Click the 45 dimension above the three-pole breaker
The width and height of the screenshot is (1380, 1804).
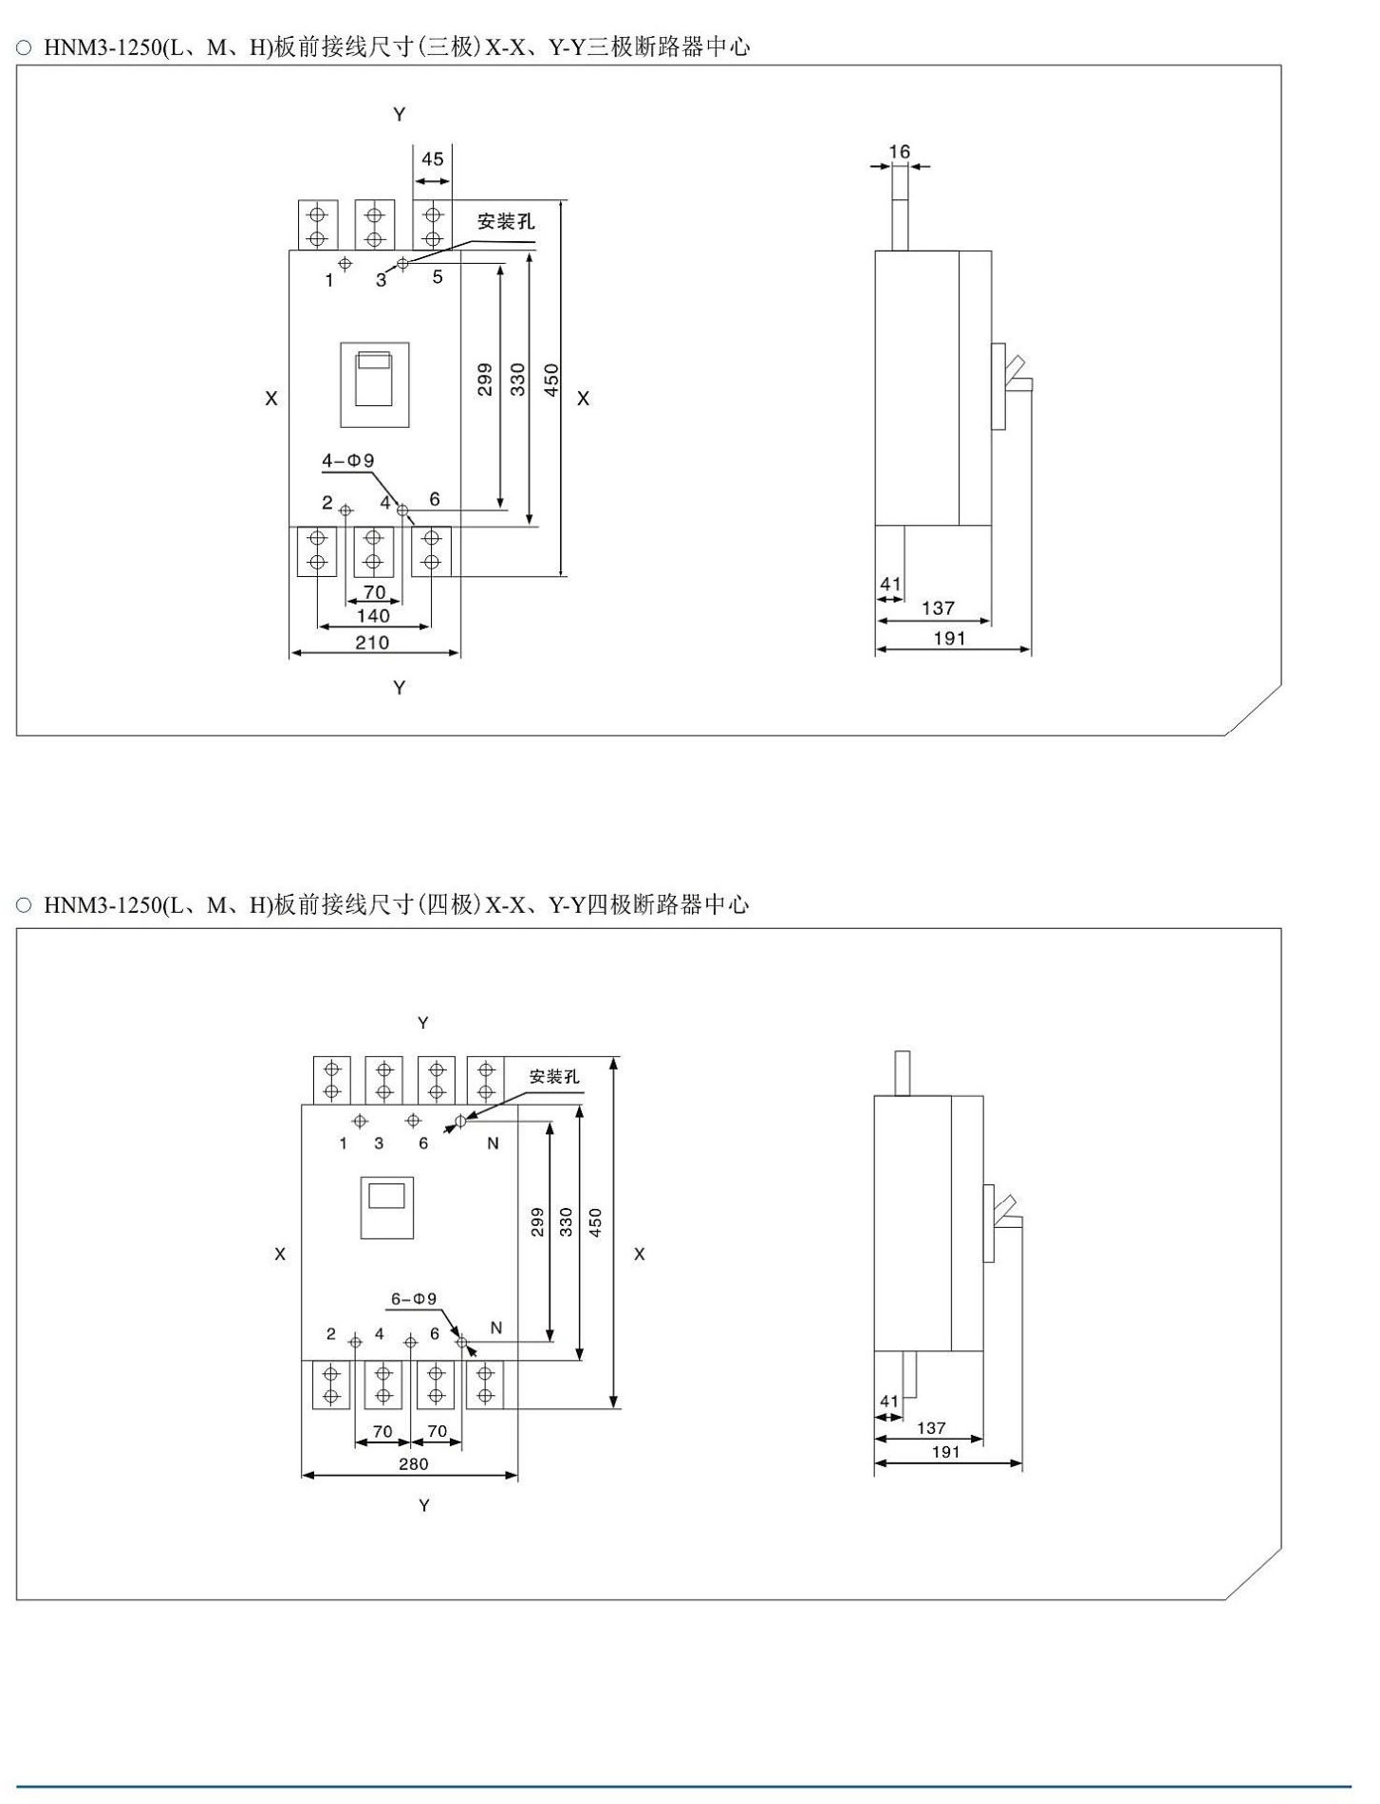[433, 159]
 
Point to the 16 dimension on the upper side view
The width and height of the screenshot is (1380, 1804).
[900, 152]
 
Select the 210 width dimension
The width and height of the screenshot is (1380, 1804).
[372, 642]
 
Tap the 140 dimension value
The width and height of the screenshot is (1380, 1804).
[373, 616]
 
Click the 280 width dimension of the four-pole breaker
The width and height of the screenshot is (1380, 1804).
[414, 1463]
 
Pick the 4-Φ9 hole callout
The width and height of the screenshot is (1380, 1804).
[347, 461]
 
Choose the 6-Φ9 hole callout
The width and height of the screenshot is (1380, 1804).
[414, 1298]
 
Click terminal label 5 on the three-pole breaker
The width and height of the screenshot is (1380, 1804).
[438, 277]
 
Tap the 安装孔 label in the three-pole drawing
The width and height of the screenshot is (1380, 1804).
[506, 221]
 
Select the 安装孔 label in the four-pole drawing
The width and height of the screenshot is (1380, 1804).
[554, 1076]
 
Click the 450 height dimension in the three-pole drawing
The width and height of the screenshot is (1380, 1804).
[551, 380]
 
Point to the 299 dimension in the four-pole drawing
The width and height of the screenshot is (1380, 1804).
[537, 1221]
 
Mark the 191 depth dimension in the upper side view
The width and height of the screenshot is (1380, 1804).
[949, 639]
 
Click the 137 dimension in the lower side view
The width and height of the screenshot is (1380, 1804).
[931, 1427]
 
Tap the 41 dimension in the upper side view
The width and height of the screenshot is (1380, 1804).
[889, 584]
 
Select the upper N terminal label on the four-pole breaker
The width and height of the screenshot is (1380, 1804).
[493, 1144]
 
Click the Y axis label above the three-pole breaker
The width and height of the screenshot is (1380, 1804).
[400, 115]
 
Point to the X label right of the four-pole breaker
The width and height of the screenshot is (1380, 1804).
[639, 1255]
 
